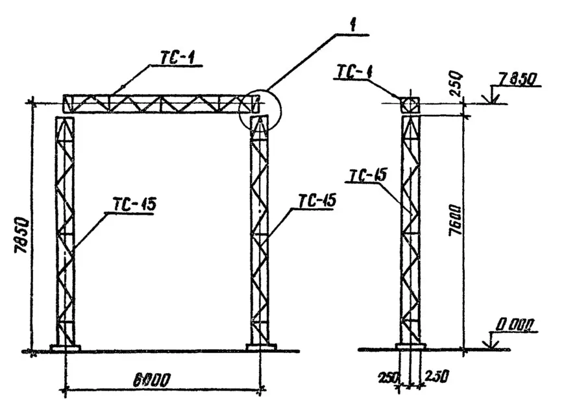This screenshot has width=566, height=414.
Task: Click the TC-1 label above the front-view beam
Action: click(177, 58)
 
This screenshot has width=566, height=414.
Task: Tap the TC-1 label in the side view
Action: click(354, 71)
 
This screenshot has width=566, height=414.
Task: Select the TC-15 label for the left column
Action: click(134, 204)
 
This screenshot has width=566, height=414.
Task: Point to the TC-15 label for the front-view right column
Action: click(317, 201)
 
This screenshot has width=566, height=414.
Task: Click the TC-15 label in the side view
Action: click(368, 176)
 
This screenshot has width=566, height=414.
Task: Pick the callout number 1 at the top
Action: click(352, 25)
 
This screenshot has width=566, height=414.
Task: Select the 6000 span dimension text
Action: click(152, 380)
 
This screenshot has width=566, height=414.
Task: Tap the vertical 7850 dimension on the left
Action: click(21, 235)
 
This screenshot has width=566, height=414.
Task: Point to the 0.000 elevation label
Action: click(514, 325)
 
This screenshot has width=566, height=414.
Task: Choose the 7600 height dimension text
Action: click(456, 221)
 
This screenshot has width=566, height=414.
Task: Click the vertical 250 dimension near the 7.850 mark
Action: click(456, 84)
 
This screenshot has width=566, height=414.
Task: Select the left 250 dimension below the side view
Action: click(388, 378)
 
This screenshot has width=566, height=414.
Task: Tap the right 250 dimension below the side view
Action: click(437, 376)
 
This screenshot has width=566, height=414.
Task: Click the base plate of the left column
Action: click(66, 348)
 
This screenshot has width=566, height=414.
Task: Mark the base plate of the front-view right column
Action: click(261, 347)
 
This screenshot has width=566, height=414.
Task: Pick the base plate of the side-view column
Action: click(411, 347)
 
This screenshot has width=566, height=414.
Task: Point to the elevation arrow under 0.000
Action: click(490, 341)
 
